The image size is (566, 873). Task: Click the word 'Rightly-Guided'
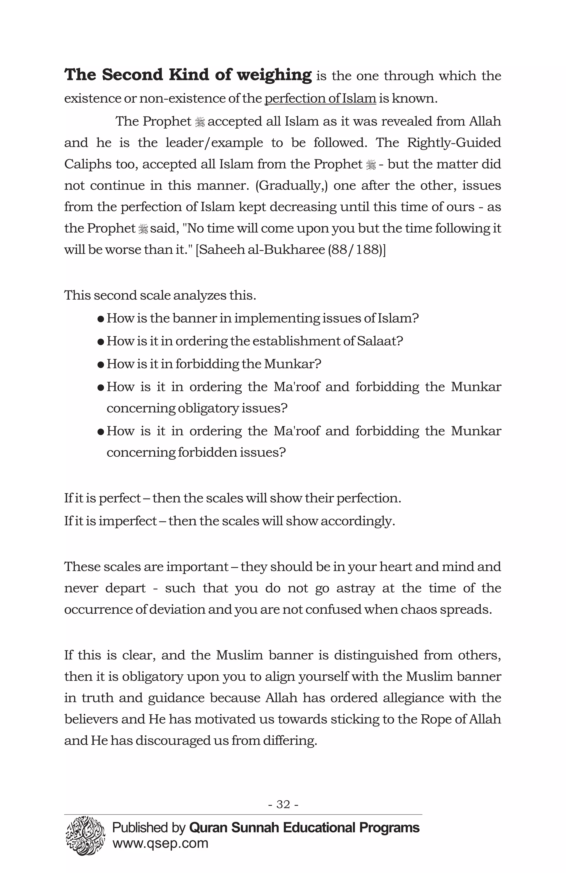pyautogui.click(x=454, y=143)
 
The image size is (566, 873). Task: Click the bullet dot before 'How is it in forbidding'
pyautogui.click(x=101, y=364)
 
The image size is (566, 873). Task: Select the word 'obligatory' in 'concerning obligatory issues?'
pyautogui.click(x=208, y=408)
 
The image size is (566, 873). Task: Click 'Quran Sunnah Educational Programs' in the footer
pyautogui.click(x=304, y=828)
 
